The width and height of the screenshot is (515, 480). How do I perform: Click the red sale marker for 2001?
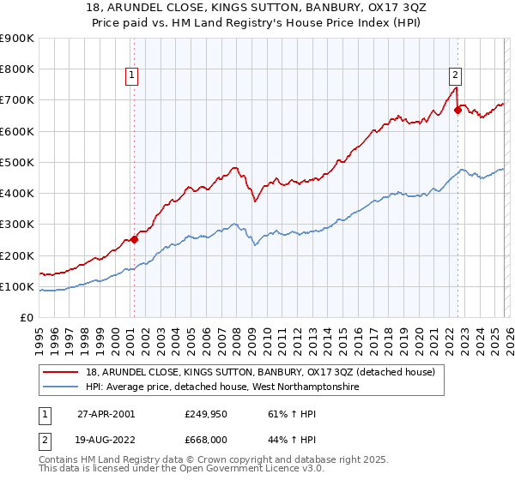pos(135,240)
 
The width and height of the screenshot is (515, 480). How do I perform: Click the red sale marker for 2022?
pos(457,110)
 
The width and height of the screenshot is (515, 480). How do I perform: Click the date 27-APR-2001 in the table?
pos(106,413)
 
